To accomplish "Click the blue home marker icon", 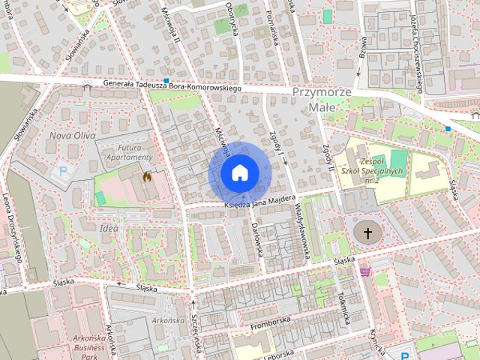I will [238, 172].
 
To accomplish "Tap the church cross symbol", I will [367, 233].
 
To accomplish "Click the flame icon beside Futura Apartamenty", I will [146, 177].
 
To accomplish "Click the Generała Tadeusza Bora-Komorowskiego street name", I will [172, 86].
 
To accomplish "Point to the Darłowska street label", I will [257, 239].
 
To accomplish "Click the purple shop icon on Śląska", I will [365, 271].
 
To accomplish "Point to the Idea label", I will [108, 228].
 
